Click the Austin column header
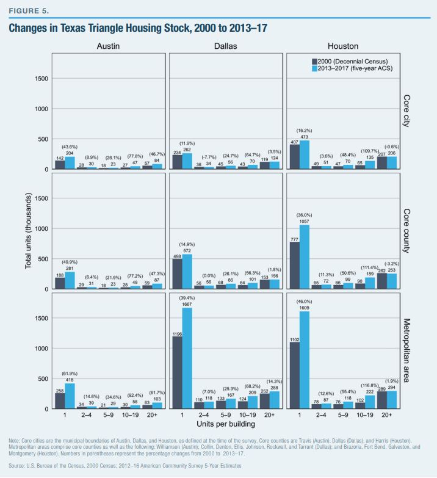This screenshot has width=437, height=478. point(109,46)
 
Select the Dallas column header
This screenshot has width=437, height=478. point(225,46)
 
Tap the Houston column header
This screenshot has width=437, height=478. point(343,46)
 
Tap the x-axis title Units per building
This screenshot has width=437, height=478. point(226,422)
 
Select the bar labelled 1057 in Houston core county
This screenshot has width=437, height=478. point(304,257)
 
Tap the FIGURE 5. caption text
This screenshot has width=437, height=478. point(24,10)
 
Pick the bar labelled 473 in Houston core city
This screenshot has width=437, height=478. point(304,154)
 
